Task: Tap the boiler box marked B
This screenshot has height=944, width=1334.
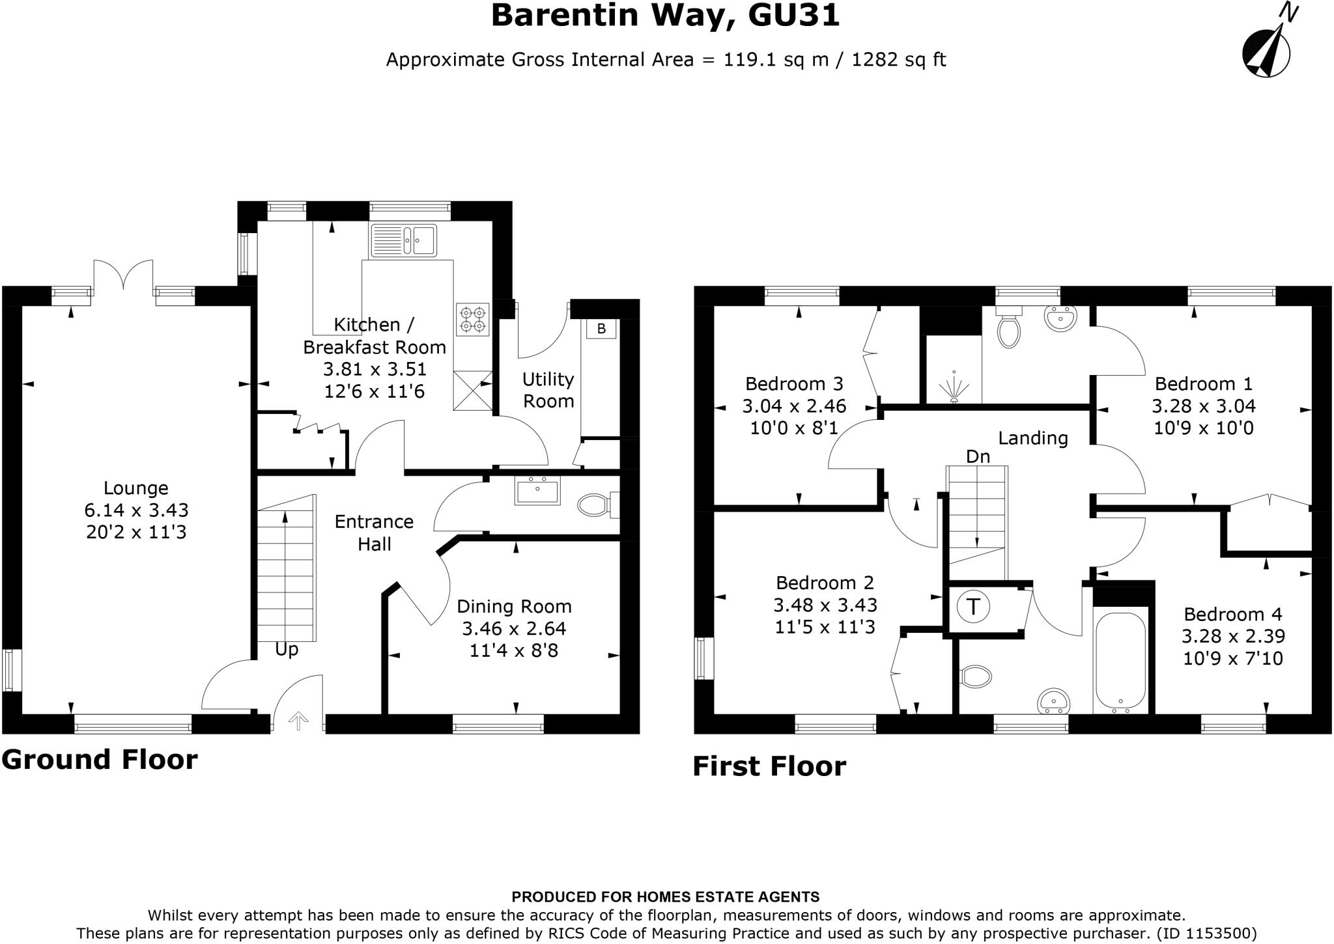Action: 601,329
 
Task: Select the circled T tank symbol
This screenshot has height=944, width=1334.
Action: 973,607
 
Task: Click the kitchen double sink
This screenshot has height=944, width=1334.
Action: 404,240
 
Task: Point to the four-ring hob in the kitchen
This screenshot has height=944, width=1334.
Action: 472,319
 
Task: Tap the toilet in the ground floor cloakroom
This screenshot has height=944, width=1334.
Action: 594,505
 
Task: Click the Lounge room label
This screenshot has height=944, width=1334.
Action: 136,488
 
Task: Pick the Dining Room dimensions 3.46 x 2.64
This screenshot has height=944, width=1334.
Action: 514,629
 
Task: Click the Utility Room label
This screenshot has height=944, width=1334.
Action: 548,390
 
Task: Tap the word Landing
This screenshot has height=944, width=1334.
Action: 1033,438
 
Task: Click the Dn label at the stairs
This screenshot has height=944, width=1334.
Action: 978,457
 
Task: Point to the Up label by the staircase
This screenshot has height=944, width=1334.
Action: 287,650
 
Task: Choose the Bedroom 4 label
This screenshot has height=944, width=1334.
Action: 1232,614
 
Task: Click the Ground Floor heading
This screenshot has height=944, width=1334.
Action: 100,760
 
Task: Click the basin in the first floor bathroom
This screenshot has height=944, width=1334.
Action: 1053,701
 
